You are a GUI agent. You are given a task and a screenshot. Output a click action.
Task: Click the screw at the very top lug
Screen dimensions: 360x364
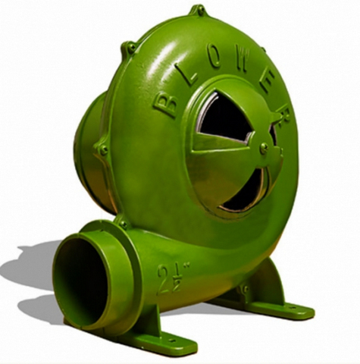(200, 11)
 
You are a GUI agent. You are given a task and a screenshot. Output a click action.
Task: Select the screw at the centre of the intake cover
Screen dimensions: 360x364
(265, 146)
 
